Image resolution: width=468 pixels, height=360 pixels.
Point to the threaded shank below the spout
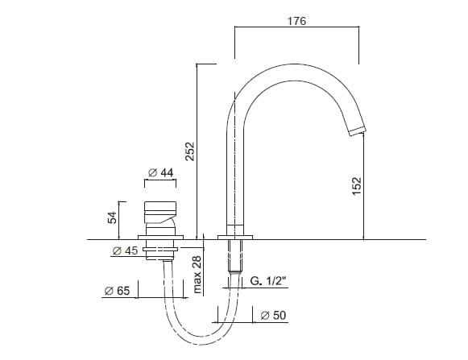tap(235, 256)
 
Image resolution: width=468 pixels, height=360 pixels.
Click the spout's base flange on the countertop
tap(235, 237)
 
